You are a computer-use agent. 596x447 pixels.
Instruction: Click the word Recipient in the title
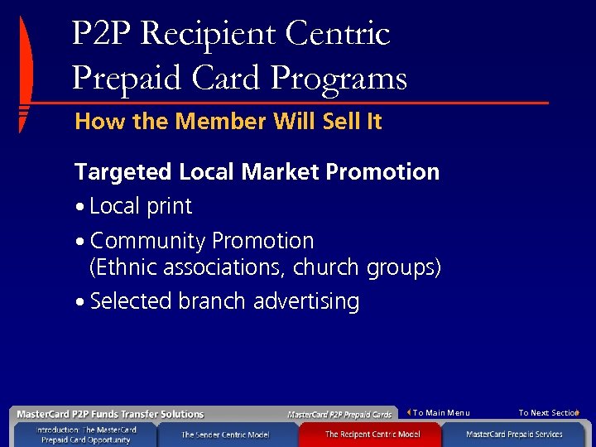click(x=210, y=35)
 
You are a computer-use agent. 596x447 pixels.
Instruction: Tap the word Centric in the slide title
click(x=337, y=35)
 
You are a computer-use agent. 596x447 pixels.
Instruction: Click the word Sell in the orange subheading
click(x=339, y=122)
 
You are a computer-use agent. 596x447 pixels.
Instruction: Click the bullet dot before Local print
click(x=79, y=207)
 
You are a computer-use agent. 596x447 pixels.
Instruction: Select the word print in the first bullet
click(x=167, y=207)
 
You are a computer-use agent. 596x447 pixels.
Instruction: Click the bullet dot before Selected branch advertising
click(x=79, y=302)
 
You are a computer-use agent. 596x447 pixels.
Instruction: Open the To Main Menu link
click(x=440, y=413)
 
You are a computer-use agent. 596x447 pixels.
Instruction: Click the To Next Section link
click(x=548, y=413)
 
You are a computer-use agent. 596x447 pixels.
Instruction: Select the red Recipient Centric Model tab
click(x=372, y=435)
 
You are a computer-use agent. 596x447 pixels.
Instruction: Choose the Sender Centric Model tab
click(x=225, y=435)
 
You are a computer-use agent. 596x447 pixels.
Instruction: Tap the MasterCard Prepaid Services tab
click(x=514, y=435)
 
